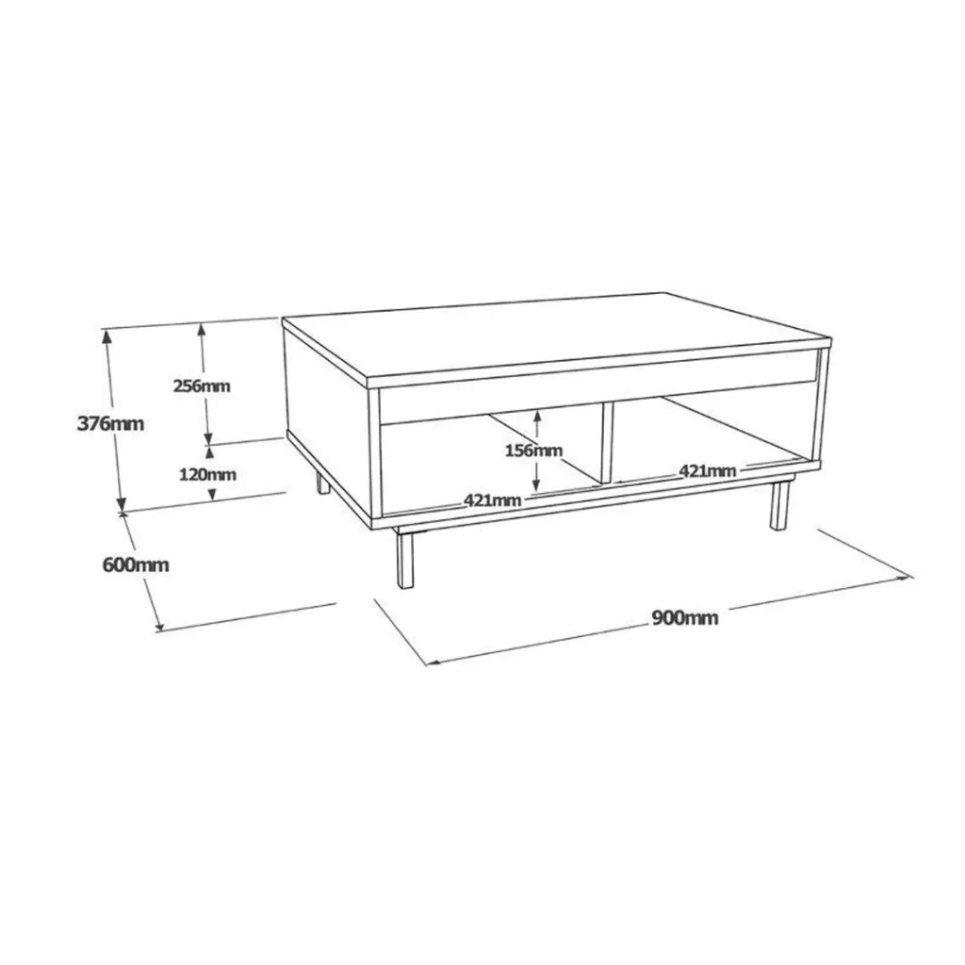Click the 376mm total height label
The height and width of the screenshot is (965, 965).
pyautogui.click(x=110, y=423)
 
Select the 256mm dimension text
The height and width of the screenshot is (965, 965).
pyautogui.click(x=202, y=385)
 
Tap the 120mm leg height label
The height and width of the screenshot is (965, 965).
pyautogui.click(x=207, y=475)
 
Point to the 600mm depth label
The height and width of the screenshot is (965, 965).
pyautogui.click(x=136, y=565)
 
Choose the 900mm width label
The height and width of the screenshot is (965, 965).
pyautogui.click(x=685, y=617)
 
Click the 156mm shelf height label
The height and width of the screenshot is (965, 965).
pyautogui.click(x=533, y=450)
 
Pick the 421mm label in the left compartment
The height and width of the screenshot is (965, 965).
pyautogui.click(x=492, y=500)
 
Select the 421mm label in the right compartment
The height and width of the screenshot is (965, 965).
pyautogui.click(x=708, y=471)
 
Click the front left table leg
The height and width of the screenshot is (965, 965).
pyautogui.click(x=405, y=558)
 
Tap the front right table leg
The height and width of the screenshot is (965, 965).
pyautogui.click(x=779, y=505)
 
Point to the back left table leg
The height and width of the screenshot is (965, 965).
pyautogui.click(x=323, y=483)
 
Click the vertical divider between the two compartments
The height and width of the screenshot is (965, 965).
pyautogui.click(x=607, y=441)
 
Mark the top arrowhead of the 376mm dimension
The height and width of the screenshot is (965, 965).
pyautogui.click(x=107, y=337)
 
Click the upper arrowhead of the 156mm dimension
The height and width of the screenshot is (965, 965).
pyautogui.click(x=537, y=417)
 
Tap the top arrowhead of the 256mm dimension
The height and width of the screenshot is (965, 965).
pyautogui.click(x=202, y=331)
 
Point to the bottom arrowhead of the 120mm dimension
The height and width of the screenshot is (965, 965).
pyautogui.click(x=212, y=494)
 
